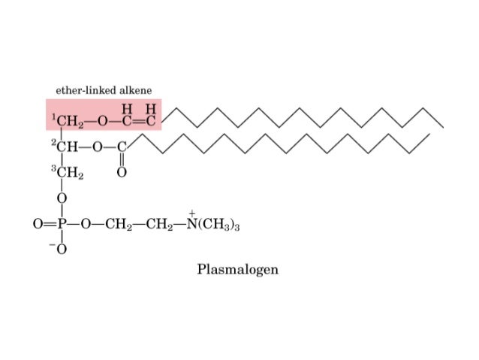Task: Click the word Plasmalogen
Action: pos(237,269)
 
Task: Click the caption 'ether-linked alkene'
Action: pos(104,90)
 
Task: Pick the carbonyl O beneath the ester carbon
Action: pos(122,173)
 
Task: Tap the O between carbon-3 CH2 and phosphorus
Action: pos(62,198)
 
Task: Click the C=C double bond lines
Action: pos(137,120)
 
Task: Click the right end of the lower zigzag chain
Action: pos(429,135)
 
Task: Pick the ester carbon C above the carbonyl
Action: pos(122,147)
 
